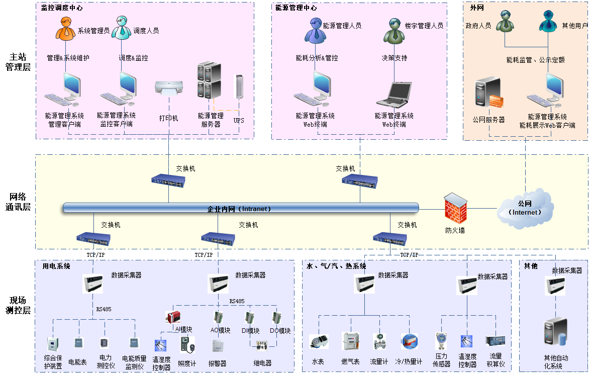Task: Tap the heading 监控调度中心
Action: click(62, 8)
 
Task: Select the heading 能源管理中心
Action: click(296, 8)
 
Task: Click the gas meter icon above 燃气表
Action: click(350, 341)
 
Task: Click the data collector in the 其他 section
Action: click(555, 286)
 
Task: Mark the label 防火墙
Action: click(455, 231)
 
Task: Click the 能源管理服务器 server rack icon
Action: click(209, 80)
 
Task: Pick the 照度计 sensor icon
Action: click(187, 344)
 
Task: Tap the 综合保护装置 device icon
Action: click(53, 344)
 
